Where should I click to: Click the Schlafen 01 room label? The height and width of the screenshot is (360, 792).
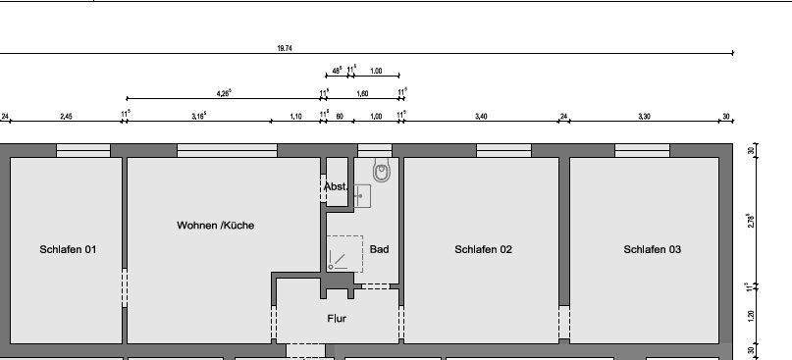(x=68, y=250)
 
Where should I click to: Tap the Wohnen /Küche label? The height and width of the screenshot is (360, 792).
(x=215, y=226)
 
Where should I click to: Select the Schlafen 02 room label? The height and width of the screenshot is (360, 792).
(x=483, y=250)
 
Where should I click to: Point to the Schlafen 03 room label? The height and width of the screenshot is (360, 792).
(x=652, y=250)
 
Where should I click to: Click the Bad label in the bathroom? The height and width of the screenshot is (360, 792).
(x=379, y=250)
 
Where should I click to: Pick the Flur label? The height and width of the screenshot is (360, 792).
(x=337, y=319)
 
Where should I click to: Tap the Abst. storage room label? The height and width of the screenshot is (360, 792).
(x=336, y=186)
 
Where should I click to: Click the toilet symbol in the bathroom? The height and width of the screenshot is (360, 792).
(x=382, y=172)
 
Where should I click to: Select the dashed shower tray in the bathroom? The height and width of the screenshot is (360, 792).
(x=344, y=253)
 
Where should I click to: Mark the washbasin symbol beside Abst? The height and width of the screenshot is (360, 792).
(x=361, y=194)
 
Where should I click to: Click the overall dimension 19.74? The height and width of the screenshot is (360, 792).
(x=285, y=47)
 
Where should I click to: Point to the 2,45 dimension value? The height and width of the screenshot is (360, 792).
(x=66, y=117)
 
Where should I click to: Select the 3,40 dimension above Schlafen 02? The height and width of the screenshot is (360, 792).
(x=481, y=117)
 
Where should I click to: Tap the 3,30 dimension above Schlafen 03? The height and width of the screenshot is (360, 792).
(x=644, y=117)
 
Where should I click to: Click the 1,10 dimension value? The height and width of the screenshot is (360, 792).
(x=295, y=117)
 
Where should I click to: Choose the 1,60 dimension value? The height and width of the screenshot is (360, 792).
(x=361, y=93)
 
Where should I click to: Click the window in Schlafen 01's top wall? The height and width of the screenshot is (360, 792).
(x=82, y=151)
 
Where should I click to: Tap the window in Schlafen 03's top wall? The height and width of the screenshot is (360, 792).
(x=643, y=151)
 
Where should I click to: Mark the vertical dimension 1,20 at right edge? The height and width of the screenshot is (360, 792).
(x=751, y=317)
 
